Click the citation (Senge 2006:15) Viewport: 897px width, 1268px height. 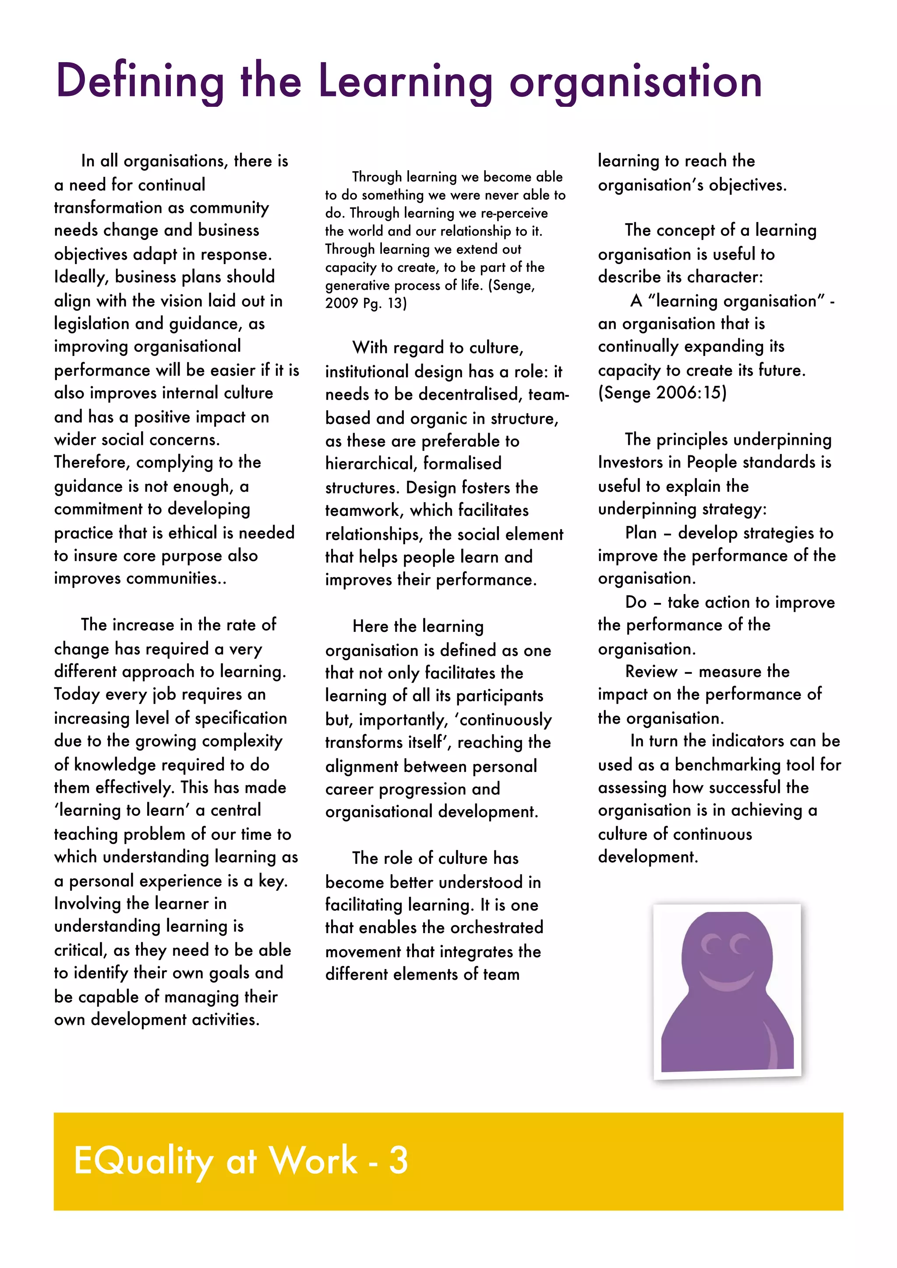click(662, 393)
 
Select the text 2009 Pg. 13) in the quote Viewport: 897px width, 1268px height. click(366, 303)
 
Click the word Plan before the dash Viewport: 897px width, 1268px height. click(641, 533)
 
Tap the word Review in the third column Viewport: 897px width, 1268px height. click(651, 672)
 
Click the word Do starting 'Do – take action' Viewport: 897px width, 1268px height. click(636, 602)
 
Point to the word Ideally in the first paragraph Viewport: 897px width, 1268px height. click(81, 277)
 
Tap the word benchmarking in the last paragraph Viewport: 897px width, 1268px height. click(730, 765)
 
